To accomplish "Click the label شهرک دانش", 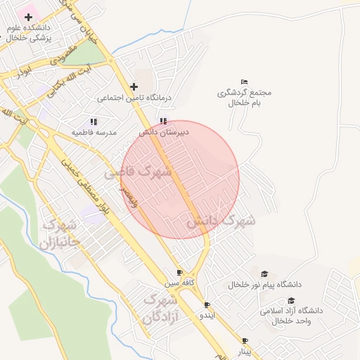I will (x=221, y=220).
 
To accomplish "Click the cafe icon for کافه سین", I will (x=179, y=273).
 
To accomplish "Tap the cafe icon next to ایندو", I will (x=207, y=305).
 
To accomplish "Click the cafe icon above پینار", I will (x=245, y=340).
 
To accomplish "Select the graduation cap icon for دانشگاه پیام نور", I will (x=264, y=274).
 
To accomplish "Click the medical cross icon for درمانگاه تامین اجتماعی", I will (x=134, y=86).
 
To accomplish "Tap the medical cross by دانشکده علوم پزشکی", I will (x=29, y=16).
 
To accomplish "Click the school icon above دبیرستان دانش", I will (x=164, y=121).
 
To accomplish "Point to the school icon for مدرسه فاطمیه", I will (x=94, y=122).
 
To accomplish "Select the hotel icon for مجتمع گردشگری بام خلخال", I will (x=244, y=82).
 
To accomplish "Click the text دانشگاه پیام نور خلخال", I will (x=264, y=284).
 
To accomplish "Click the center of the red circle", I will (x=180, y=180).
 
